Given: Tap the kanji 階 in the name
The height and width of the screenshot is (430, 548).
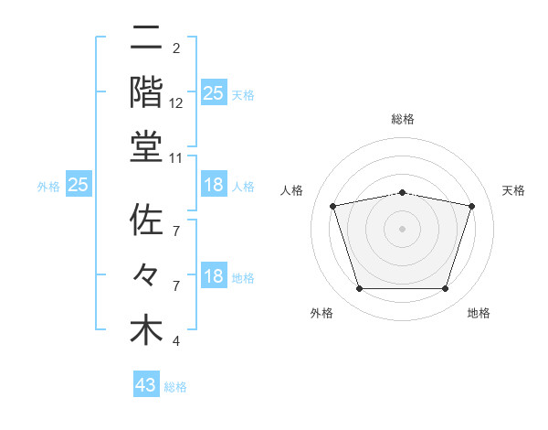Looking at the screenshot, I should pos(146,91).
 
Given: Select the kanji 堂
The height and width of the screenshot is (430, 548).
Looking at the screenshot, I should pos(146,145).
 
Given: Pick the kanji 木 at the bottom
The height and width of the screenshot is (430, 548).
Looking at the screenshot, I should pos(146,330).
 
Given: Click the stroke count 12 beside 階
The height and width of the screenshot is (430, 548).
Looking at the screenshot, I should pos(176,104).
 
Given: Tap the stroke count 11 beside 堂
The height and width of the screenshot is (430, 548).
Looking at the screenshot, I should pos(176,158).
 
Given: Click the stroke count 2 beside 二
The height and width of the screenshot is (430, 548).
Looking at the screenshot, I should pos(175,48).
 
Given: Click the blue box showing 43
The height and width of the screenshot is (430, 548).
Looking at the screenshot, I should pos(146,385).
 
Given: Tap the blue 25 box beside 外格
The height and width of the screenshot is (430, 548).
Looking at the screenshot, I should pos(79,185).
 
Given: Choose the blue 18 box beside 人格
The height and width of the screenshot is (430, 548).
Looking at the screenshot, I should pos(214,185).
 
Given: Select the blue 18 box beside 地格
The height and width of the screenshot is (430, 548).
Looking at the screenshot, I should pos(214,277).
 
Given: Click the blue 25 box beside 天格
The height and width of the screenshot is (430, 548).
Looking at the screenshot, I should pos(214,92).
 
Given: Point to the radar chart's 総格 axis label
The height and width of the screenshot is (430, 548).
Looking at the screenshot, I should pos(403,119).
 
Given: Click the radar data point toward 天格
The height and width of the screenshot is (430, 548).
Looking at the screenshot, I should pos(472,206).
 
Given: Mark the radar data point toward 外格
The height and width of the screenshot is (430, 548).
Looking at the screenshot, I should pos(359,289).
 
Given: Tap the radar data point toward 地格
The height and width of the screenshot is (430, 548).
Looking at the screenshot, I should pos(446,289).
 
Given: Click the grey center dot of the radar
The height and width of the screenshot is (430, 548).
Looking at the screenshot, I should pos(403,228).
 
